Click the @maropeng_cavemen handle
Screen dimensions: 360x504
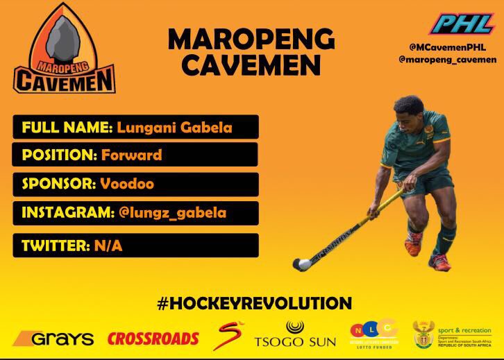(452, 60)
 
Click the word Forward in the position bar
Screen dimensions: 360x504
(131, 153)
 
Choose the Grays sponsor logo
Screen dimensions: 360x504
(53, 339)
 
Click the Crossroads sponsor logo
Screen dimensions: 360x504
(153, 339)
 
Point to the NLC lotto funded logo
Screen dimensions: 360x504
(373, 336)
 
